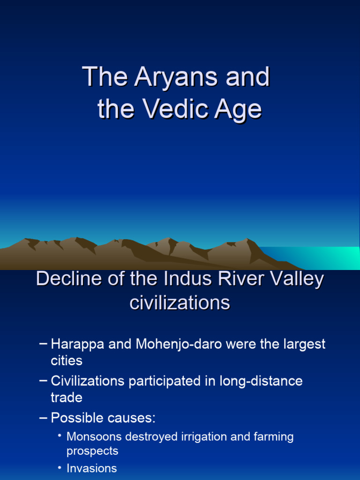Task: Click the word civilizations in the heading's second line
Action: (180, 303)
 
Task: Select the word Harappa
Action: (78, 345)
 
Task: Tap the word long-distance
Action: (261, 381)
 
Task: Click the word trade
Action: (67, 398)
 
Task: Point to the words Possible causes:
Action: (103, 418)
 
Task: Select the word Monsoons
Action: (95, 437)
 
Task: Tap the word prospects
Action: (92, 451)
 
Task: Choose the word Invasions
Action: (91, 468)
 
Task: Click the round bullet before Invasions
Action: (60, 467)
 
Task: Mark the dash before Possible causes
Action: (44, 417)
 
